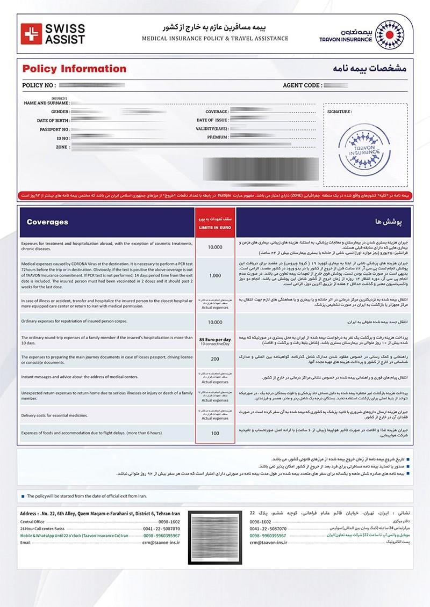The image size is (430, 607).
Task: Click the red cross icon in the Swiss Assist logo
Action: pos(34,33)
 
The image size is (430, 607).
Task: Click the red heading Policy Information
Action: pos(74,69)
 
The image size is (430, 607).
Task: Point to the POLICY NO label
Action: pos(39,85)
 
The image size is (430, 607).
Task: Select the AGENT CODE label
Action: pos(302,85)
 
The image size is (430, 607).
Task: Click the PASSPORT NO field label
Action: pos(54,129)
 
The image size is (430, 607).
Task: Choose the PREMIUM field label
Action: pos(218,137)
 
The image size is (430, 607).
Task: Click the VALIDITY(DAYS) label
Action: pos(212,129)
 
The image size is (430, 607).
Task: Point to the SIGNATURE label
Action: pos(339,112)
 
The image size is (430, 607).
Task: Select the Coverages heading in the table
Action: pos(47,222)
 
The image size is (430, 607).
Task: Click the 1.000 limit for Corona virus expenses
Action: pos(214,275)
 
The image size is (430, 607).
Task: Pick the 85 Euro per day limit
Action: pos(214,340)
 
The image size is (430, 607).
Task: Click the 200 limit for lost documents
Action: pos(214,359)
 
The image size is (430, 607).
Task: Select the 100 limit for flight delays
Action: pos(214,433)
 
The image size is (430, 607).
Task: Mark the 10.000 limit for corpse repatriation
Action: pos(214,322)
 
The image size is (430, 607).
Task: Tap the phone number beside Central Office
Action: pos(169,522)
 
